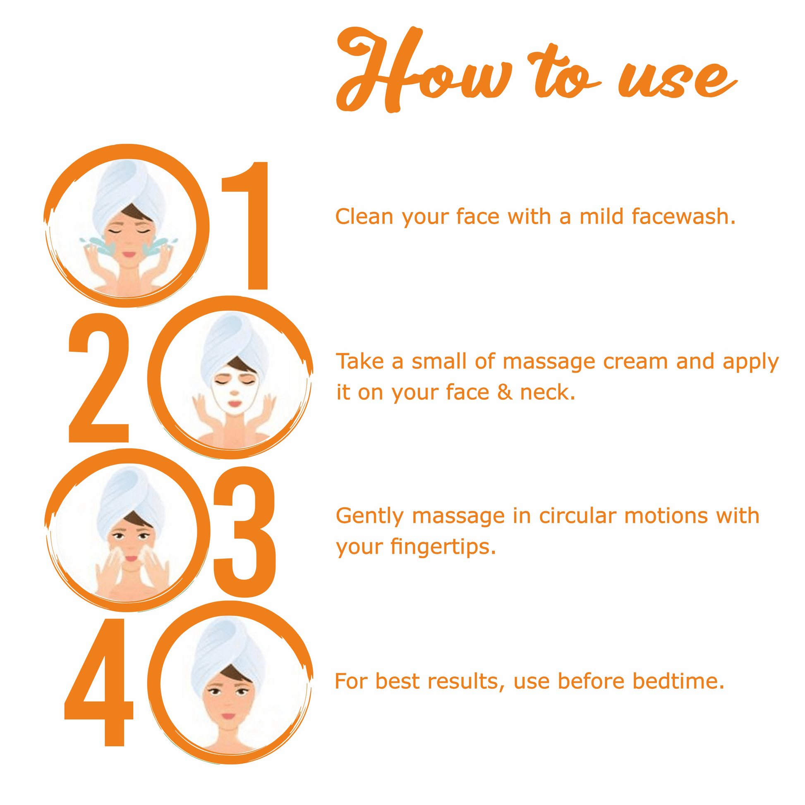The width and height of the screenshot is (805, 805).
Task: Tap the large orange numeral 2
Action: point(98,377)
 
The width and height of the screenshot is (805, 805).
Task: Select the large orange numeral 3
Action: point(244,532)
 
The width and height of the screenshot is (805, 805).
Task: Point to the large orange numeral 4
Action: point(99,682)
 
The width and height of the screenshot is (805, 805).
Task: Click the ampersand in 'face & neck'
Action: point(504,392)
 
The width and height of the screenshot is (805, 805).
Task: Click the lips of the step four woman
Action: point(228,716)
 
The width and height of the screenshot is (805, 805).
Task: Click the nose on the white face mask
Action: point(234,392)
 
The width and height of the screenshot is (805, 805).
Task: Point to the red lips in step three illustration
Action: point(131,559)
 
